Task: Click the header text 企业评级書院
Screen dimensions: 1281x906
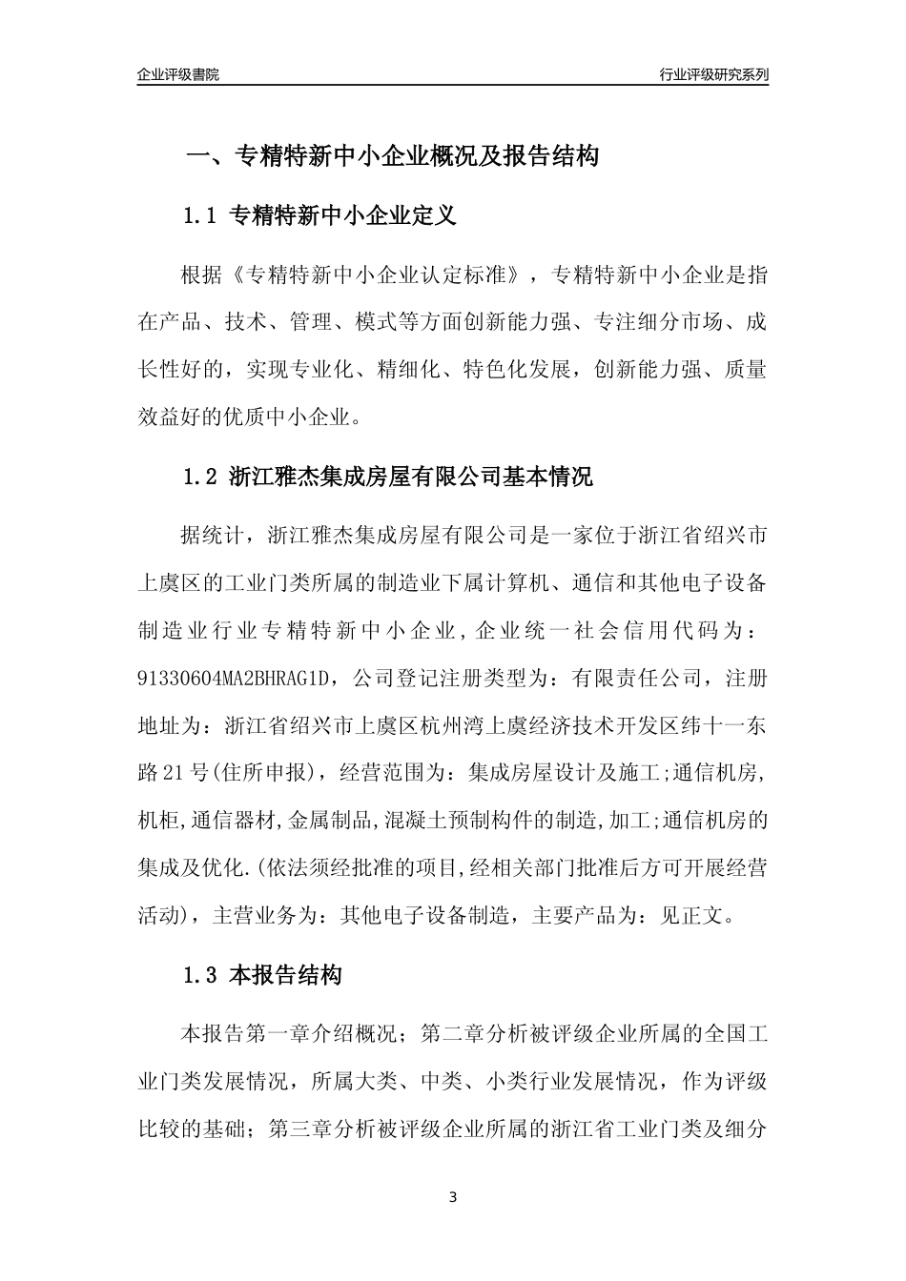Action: pyautogui.click(x=178, y=74)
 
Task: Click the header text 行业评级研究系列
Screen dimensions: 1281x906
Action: pyautogui.click(x=713, y=74)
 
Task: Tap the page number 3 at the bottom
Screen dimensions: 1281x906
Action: pyautogui.click(x=453, y=1197)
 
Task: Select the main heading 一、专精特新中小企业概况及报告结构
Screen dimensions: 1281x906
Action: pyautogui.click(x=391, y=156)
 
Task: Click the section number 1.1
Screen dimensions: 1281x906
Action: pyautogui.click(x=201, y=216)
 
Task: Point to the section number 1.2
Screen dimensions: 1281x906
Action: pyautogui.click(x=201, y=477)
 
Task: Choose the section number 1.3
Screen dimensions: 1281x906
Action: pyautogui.click(x=201, y=976)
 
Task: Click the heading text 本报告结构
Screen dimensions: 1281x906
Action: pyautogui.click(x=286, y=976)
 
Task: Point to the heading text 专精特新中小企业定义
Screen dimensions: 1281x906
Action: pyautogui.click(x=344, y=216)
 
